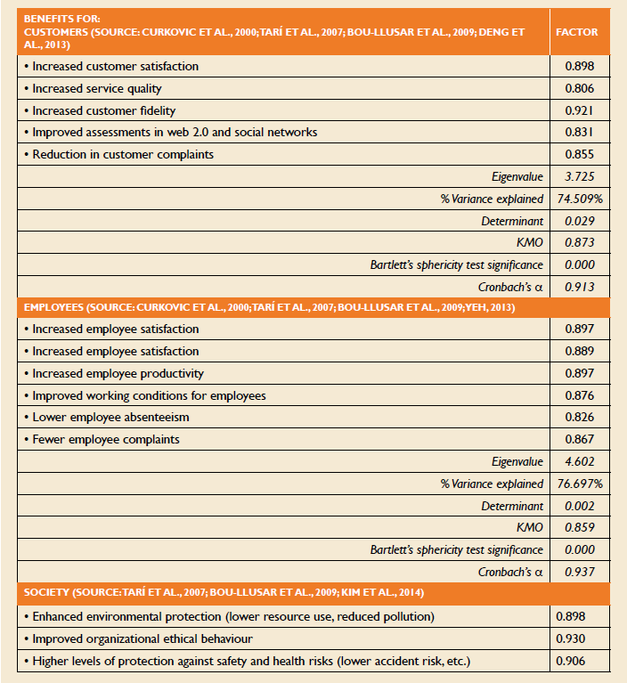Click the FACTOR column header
pyautogui.click(x=576, y=31)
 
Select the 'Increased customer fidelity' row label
pyautogui.click(x=103, y=110)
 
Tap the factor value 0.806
pyautogui.click(x=579, y=88)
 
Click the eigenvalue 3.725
pyautogui.click(x=579, y=176)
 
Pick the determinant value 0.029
pyautogui.click(x=579, y=220)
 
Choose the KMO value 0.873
pyautogui.click(x=579, y=242)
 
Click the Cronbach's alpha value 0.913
pyautogui.click(x=579, y=286)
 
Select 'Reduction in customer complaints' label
pyautogui.click(x=123, y=154)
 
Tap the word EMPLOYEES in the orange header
pyautogui.click(x=55, y=307)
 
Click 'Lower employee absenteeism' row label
pyautogui.click(x=110, y=417)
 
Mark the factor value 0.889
pyautogui.click(x=579, y=352)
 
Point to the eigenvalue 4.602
pyautogui.click(x=579, y=461)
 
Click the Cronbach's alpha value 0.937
pyautogui.click(x=579, y=572)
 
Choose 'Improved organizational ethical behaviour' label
pyautogui.click(x=142, y=638)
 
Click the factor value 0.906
pyautogui.click(x=571, y=661)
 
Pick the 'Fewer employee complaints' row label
pyautogui.click(x=106, y=439)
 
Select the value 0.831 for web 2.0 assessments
pyautogui.click(x=579, y=132)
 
